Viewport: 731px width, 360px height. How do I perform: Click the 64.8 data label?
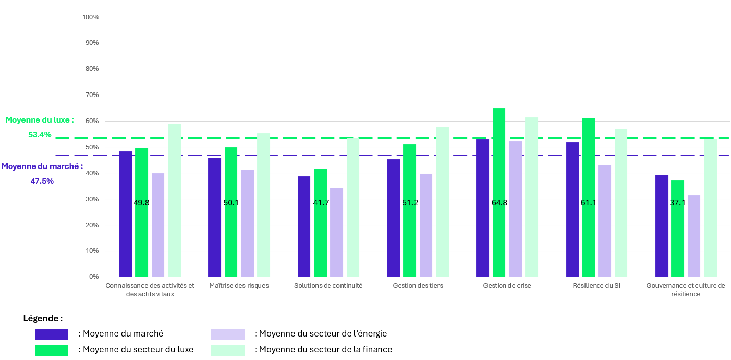[x=499, y=203]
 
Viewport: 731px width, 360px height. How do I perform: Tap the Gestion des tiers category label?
[x=418, y=286]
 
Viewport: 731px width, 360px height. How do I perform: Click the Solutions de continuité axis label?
[x=328, y=286]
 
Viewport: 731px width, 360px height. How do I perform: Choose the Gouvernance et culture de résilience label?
[x=686, y=290]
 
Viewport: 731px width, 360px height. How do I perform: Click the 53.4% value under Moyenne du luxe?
[x=40, y=135]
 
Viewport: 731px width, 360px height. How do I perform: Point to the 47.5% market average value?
[x=42, y=181]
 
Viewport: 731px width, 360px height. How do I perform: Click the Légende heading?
[x=43, y=318]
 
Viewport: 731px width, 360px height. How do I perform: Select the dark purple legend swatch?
[x=52, y=334]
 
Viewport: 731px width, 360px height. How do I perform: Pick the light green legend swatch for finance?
[x=228, y=350]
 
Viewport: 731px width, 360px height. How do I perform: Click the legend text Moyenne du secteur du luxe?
[x=136, y=350]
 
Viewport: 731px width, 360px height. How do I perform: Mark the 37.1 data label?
[x=678, y=203]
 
